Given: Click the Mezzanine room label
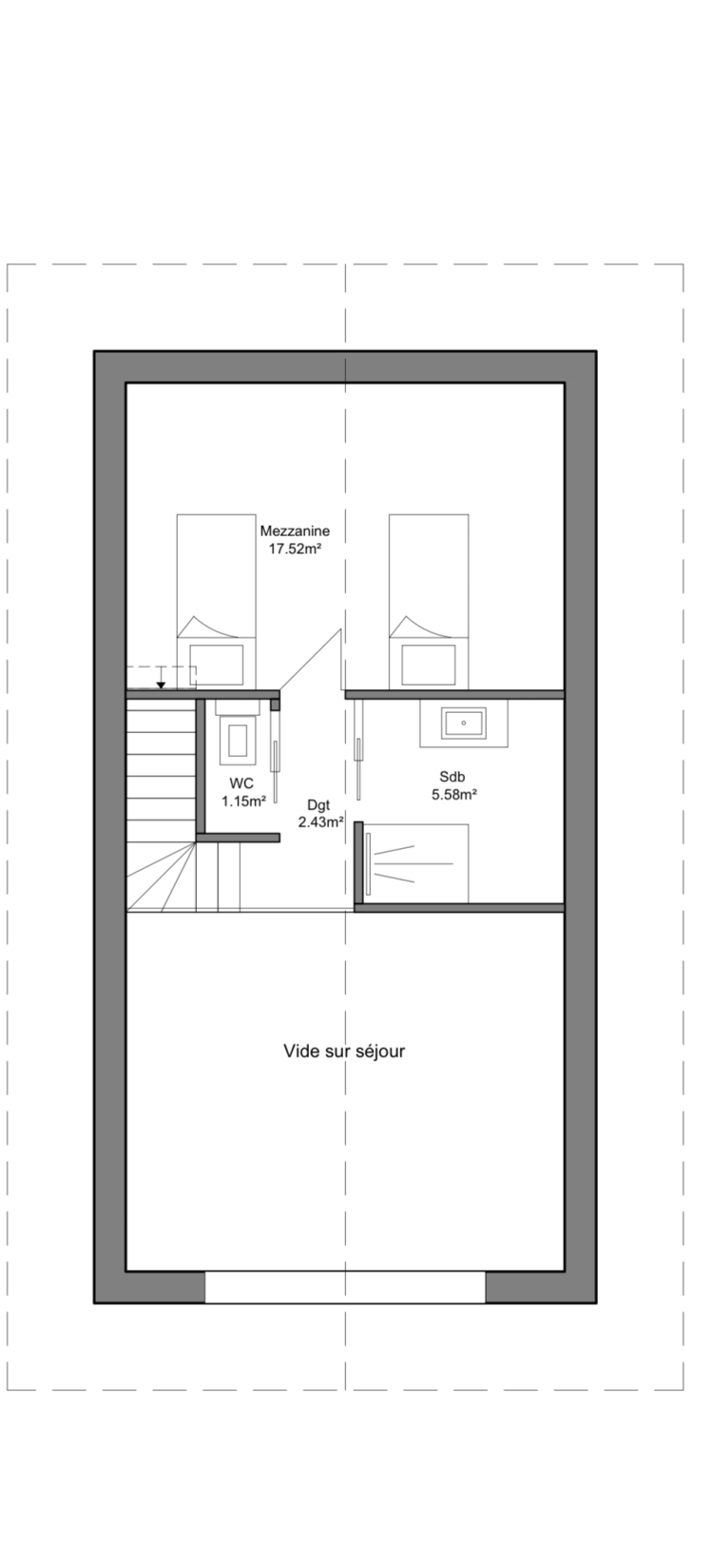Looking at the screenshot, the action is [x=295, y=531].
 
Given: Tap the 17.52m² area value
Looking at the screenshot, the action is [x=296, y=550].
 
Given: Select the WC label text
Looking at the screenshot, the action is [x=241, y=783].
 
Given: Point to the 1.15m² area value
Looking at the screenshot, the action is [x=243, y=801].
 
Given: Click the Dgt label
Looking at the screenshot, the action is [x=318, y=804].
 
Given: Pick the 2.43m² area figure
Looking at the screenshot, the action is [x=320, y=821].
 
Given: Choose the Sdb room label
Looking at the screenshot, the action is [x=453, y=777].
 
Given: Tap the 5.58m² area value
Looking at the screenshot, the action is [x=455, y=794].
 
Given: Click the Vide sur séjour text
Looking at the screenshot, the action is [x=344, y=1052].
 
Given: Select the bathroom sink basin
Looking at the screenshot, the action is [x=464, y=724].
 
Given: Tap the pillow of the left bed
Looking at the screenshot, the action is [x=217, y=665].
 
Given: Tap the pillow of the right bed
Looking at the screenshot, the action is [x=429, y=665].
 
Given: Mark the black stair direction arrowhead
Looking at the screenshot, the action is [x=161, y=685].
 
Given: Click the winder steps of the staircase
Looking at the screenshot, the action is [x=162, y=876].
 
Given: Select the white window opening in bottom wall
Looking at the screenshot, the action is [x=345, y=1287].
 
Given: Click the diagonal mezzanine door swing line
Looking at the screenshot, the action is [x=310, y=660].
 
